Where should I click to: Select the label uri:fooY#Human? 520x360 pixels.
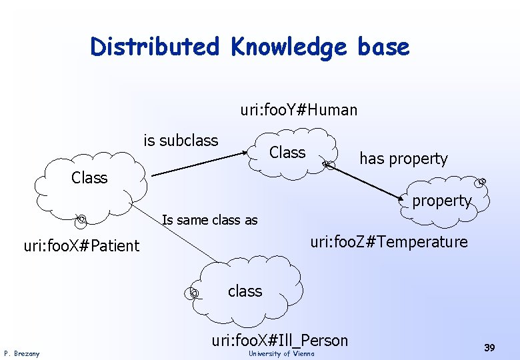pos(299,109)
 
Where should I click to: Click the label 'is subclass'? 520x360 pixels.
pos(181,141)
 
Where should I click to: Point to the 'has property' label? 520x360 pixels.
pos(403,159)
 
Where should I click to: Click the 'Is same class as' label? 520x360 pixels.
pos(211,220)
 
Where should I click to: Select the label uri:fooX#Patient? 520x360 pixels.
pos(81,246)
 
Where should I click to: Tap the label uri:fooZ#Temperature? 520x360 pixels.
pos(389,241)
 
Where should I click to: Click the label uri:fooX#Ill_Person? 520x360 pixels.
pos(279,341)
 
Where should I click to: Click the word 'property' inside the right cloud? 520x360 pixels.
pos(441,201)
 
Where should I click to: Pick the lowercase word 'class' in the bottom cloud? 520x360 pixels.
pos(245,291)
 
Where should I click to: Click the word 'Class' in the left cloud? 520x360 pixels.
pos(89,178)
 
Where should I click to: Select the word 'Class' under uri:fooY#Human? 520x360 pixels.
pos(287,153)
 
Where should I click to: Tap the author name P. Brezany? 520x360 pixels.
pos(21,353)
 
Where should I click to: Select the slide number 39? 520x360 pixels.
pos(489,347)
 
